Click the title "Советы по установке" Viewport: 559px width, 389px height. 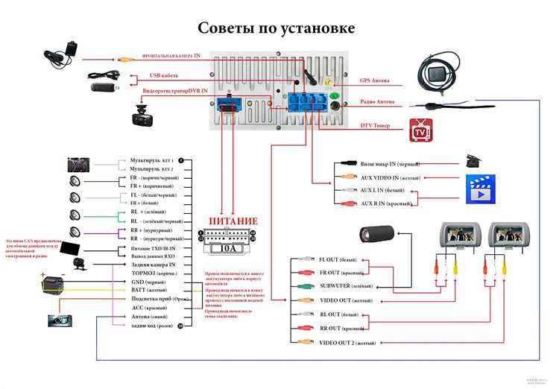276,28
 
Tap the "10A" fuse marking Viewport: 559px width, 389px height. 230,249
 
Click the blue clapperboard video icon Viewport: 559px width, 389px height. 480,189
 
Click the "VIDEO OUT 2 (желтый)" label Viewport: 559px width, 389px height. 347,343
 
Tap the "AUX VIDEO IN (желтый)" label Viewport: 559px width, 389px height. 389,177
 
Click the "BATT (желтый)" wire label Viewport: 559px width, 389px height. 149,290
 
